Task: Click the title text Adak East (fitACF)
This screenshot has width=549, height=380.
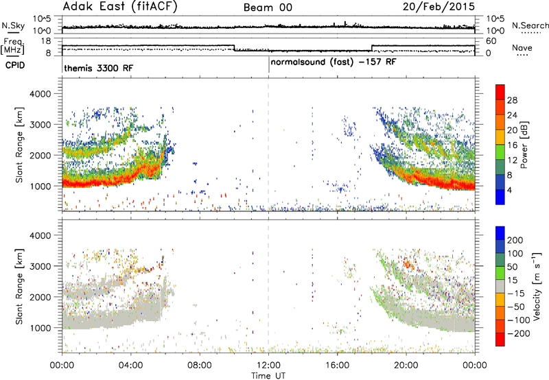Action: click(x=120, y=6)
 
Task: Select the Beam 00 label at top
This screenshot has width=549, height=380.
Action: click(x=268, y=8)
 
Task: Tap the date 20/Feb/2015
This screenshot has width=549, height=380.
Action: click(x=439, y=6)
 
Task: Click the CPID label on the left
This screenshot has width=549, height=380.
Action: click(x=15, y=65)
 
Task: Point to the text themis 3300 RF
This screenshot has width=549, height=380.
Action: click(x=99, y=68)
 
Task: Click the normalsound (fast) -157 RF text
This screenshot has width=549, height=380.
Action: click(x=334, y=62)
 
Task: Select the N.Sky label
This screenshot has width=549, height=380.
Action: click(x=13, y=25)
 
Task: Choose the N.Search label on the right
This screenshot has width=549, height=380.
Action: click(x=530, y=25)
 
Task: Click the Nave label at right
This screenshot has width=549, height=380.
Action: click(x=522, y=47)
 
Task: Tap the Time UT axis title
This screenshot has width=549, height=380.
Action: click(x=268, y=376)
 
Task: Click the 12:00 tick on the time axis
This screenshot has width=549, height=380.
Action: click(x=268, y=366)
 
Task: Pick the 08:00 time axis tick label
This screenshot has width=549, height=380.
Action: click(x=200, y=366)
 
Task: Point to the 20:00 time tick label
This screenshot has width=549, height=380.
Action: click(x=406, y=366)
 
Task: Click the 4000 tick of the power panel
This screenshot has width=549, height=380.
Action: click(x=40, y=94)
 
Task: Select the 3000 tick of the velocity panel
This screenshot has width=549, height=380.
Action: click(x=40, y=266)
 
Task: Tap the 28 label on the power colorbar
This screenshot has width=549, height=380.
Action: click(x=512, y=100)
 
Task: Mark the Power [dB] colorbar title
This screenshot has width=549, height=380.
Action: click(x=524, y=145)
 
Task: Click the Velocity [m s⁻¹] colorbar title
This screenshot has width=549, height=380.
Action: click(x=537, y=287)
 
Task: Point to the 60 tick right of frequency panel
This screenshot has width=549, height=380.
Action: click(x=491, y=41)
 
